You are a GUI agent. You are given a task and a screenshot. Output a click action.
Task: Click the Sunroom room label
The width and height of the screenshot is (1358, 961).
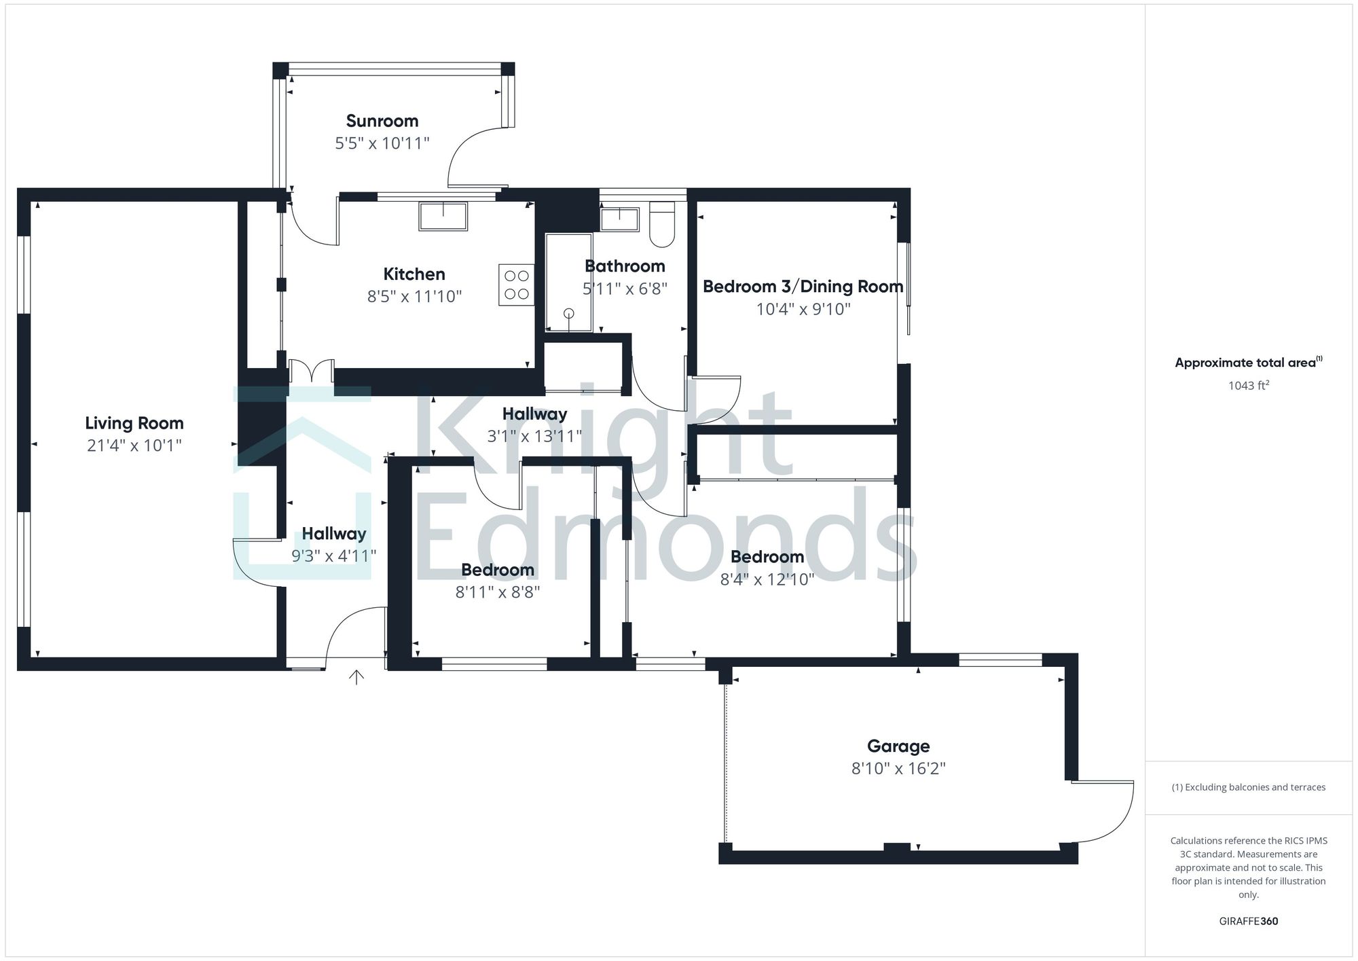click(382, 121)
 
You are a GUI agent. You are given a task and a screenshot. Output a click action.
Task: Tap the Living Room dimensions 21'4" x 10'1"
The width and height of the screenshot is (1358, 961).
click(134, 446)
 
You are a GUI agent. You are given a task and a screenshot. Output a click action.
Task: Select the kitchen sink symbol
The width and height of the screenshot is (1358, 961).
click(443, 216)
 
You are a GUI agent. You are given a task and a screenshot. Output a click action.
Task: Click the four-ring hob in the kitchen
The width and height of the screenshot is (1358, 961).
click(516, 285)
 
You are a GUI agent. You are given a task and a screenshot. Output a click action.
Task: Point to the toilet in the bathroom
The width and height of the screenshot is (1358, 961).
click(661, 223)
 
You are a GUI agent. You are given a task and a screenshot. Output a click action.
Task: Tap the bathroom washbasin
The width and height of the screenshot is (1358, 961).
click(619, 219)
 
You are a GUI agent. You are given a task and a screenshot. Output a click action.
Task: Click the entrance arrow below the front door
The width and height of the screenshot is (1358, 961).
click(356, 676)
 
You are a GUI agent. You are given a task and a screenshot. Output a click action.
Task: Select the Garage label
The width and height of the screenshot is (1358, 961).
click(898, 746)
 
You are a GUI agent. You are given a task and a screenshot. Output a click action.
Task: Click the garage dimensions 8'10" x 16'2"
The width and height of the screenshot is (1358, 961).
click(898, 768)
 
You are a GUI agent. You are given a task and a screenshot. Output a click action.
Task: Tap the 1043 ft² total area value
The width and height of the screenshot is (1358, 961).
click(1248, 386)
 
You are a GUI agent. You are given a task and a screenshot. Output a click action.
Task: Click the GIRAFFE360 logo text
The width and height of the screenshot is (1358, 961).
click(1248, 921)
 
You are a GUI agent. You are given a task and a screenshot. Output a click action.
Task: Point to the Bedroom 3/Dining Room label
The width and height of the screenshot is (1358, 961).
click(803, 287)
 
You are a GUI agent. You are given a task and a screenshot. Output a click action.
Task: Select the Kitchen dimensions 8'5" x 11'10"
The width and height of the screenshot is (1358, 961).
click(414, 296)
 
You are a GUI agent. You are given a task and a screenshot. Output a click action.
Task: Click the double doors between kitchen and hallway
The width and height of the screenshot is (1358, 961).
click(311, 371)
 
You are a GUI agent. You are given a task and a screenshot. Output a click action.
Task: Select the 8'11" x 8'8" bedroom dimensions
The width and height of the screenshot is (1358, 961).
click(497, 592)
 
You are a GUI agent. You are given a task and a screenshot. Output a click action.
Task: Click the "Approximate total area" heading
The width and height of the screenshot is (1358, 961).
click(1248, 363)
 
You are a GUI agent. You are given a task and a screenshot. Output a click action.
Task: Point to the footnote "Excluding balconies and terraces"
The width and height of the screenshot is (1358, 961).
click(1248, 787)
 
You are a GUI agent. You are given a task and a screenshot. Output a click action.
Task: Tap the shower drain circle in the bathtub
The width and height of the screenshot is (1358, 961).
click(569, 313)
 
